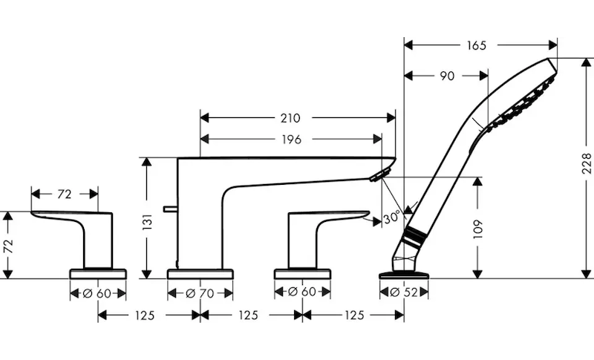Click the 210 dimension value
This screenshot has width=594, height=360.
pyautogui.click(x=290, y=118)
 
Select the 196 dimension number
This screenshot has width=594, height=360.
pyautogui.click(x=291, y=140)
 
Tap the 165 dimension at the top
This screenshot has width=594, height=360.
pyautogui.click(x=476, y=45)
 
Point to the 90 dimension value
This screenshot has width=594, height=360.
pyautogui.click(x=447, y=76)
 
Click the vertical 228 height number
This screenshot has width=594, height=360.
pyautogui.click(x=587, y=163)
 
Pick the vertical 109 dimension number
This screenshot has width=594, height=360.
pyautogui.click(x=478, y=229)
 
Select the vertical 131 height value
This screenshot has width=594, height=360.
pyautogui.click(x=147, y=222)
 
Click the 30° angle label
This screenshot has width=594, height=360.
pyautogui.click(x=391, y=218)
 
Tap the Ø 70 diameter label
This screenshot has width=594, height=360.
pyautogui.click(x=200, y=293)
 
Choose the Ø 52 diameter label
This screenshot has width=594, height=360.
pyautogui.click(x=404, y=292)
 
